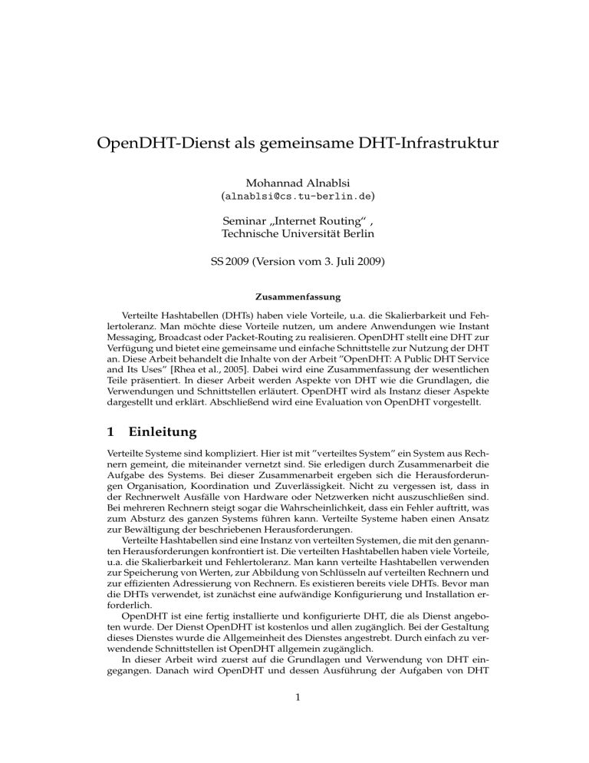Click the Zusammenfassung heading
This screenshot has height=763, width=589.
[294, 295]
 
